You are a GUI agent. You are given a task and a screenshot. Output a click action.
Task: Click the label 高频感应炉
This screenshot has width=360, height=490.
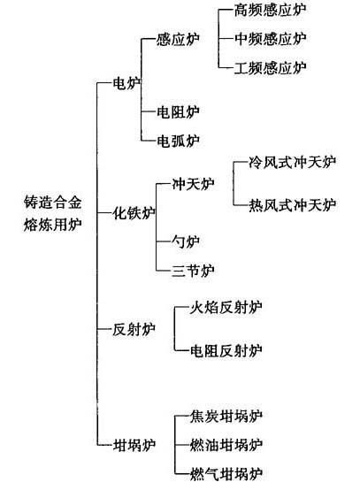(x=270, y=10)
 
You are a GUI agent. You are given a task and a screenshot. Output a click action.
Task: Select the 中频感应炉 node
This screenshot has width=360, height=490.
(x=270, y=39)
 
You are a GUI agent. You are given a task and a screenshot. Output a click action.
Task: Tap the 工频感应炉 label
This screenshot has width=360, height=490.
(x=270, y=68)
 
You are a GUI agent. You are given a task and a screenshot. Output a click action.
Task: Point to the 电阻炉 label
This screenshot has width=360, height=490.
(x=178, y=111)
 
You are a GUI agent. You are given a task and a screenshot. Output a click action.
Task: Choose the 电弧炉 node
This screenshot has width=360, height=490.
(x=178, y=141)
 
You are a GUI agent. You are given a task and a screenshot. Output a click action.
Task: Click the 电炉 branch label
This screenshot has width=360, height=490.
(x=126, y=83)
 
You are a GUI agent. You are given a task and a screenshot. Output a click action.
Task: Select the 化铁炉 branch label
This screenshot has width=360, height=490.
(x=134, y=213)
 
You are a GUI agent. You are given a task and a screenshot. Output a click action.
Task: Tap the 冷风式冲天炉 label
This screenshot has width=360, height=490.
(x=292, y=163)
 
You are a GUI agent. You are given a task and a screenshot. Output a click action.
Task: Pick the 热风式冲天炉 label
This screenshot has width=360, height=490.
(x=292, y=205)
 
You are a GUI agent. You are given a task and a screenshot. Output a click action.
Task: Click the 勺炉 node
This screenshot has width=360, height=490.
(x=186, y=241)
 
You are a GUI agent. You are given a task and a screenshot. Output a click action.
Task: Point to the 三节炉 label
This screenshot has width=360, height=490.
(x=193, y=271)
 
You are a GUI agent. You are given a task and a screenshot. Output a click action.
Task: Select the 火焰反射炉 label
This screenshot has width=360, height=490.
(x=226, y=307)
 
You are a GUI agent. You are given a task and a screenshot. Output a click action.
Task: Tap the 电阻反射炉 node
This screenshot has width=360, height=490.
(x=226, y=350)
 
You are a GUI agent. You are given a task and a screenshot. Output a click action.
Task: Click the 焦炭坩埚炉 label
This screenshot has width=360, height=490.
(x=226, y=416)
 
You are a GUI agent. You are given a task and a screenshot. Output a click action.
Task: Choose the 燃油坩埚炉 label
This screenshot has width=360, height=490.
(x=226, y=445)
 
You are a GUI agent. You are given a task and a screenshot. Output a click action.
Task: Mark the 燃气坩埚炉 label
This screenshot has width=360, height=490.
(x=226, y=474)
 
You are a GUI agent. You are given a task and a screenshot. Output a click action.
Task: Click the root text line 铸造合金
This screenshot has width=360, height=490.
(x=52, y=202)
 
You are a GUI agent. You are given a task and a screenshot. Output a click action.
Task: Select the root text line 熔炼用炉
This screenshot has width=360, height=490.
(x=52, y=225)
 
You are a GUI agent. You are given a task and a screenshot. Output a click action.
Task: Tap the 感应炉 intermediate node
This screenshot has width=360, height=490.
(x=178, y=40)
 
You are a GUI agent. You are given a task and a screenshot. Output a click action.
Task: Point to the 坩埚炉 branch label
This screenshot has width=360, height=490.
(x=134, y=445)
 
